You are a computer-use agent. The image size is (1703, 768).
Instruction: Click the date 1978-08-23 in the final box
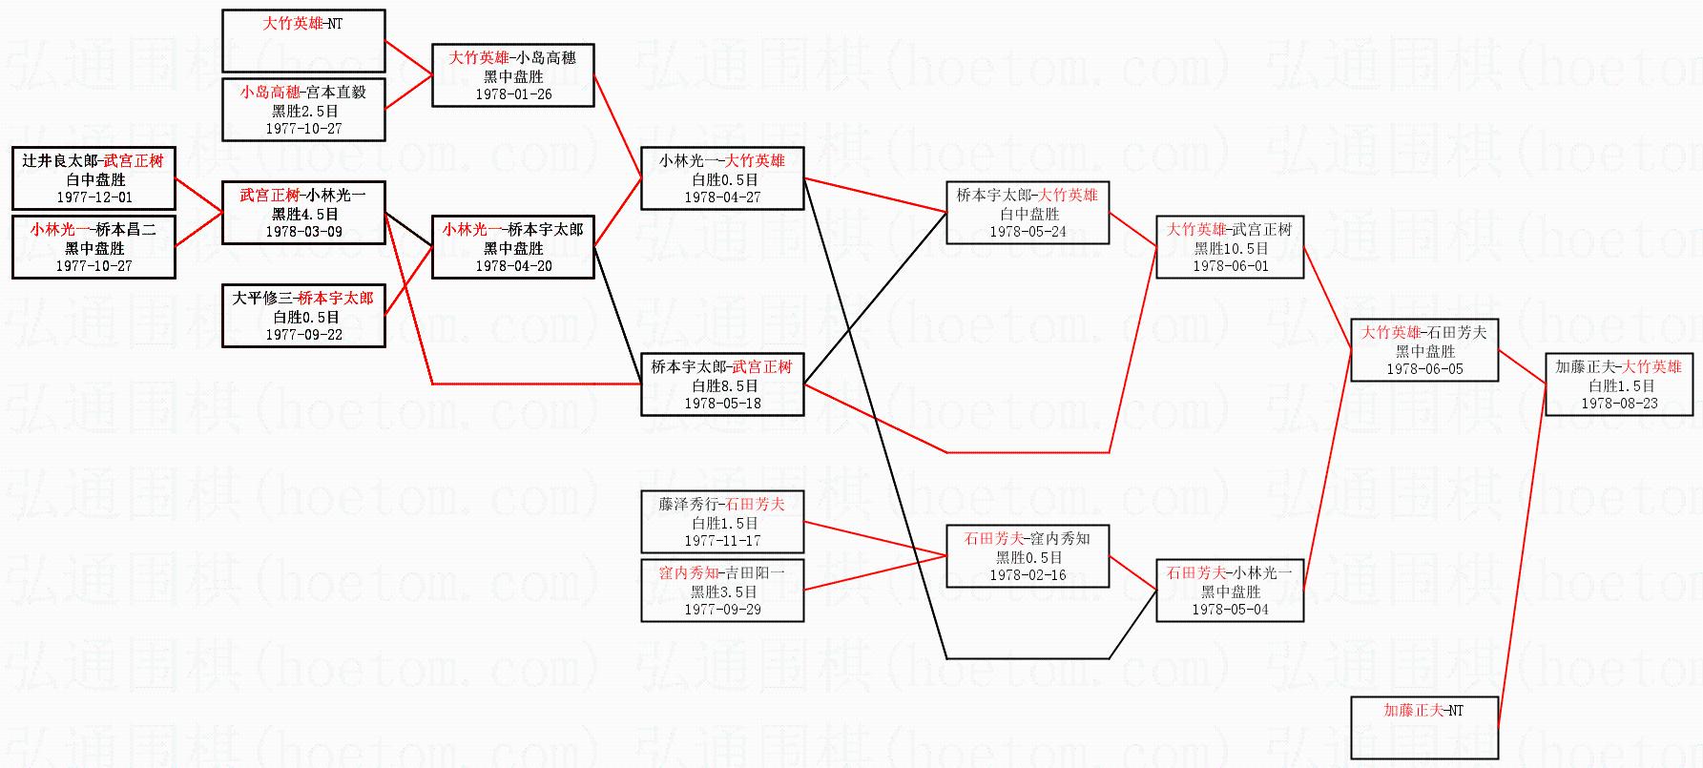1619,404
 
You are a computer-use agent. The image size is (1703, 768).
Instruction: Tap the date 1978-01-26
513,94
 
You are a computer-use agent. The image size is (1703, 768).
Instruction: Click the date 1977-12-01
93,197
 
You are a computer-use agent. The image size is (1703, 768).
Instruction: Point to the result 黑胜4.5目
303,214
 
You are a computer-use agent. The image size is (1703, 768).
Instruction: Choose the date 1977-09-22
303,335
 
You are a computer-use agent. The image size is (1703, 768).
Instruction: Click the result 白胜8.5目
722,386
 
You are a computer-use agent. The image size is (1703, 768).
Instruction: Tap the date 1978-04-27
722,197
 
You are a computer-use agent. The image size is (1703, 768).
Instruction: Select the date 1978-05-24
1028,232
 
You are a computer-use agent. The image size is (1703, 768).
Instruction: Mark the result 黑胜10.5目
1230,248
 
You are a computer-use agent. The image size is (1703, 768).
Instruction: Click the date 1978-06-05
1424,369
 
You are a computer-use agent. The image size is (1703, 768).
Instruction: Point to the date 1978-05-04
1230,610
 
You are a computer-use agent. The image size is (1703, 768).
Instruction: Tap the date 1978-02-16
1028,575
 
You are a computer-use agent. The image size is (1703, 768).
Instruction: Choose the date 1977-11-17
722,541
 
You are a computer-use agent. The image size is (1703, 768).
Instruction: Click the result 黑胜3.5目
722,592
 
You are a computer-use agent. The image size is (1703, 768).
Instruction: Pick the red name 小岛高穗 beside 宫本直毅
270,93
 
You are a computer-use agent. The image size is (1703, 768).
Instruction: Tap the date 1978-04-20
513,266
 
